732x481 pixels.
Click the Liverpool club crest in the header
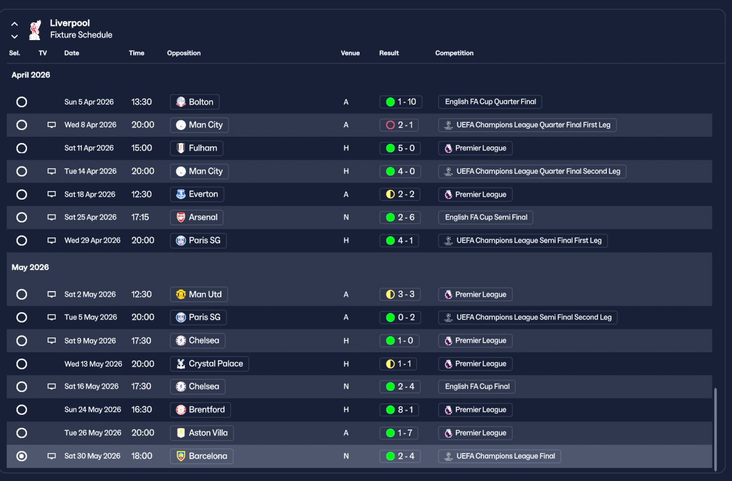(35, 30)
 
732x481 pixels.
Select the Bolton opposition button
(195, 102)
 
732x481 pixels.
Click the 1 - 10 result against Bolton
(401, 102)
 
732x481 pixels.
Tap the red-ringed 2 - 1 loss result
(399, 125)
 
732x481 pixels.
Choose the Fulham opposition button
(197, 148)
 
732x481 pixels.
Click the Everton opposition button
(197, 194)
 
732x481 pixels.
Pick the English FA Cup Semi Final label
(486, 217)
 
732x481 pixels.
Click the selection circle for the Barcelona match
(22, 456)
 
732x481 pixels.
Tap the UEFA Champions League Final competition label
(499, 456)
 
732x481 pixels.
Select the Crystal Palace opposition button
(209, 364)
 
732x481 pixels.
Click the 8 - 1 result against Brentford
(399, 410)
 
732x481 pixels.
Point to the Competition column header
(454, 53)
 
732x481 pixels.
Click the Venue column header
(351, 53)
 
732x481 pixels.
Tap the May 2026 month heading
(30, 267)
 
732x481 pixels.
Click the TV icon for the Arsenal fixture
(51, 217)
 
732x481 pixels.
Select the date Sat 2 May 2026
(90, 295)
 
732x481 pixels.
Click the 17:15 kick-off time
(140, 217)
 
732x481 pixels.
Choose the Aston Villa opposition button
(202, 433)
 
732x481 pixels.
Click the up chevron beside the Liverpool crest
(14, 24)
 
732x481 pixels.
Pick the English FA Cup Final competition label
(477, 387)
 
